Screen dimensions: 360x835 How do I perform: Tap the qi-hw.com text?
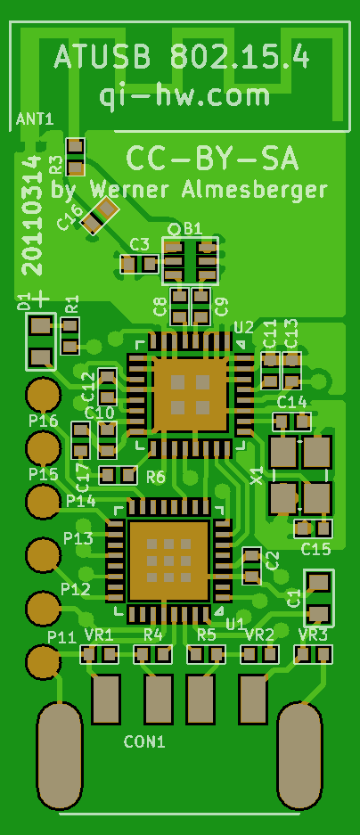click(184, 96)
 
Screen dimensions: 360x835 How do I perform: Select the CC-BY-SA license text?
click(212, 159)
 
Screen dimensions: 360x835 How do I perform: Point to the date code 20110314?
click(33, 215)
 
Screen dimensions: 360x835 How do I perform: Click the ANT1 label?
click(35, 119)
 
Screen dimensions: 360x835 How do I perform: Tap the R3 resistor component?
click(76, 157)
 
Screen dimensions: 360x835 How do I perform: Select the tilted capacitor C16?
click(102, 215)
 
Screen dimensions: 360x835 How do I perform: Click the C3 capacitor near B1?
click(140, 263)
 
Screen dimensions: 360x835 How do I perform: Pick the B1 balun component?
click(190, 260)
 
